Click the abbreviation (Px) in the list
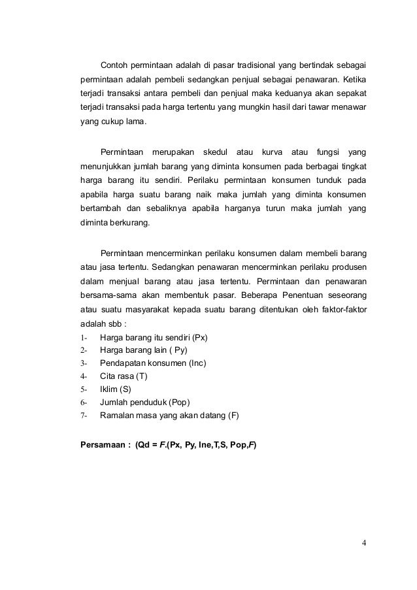(204, 337)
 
